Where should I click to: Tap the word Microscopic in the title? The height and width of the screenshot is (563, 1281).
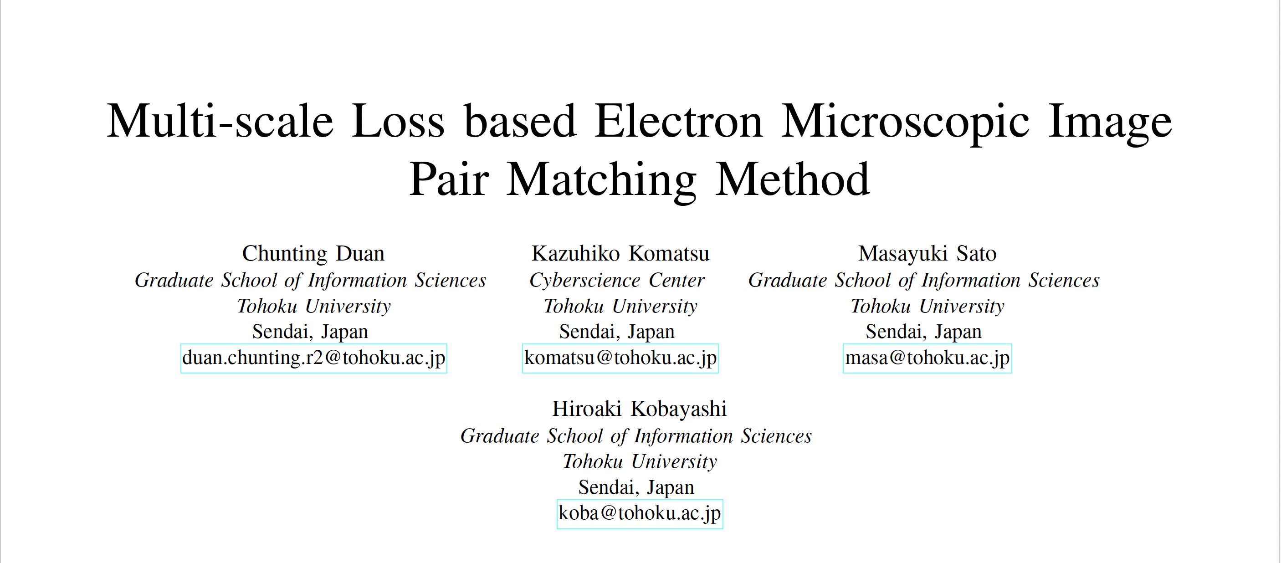tap(905, 124)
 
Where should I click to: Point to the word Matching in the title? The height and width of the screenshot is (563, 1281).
tap(601, 181)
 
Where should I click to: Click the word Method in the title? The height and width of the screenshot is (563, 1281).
tap(792, 179)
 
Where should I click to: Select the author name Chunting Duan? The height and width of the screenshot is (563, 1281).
tap(313, 254)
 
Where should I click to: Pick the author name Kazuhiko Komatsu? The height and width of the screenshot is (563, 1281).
tap(620, 254)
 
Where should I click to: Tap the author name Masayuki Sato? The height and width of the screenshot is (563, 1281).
tap(927, 254)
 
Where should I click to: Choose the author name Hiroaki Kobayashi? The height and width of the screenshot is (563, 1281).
tap(640, 409)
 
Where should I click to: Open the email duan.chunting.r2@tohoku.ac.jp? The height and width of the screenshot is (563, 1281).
tap(314, 358)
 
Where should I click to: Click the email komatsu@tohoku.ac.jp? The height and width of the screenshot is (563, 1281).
tap(620, 358)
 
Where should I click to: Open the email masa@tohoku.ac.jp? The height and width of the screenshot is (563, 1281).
tap(927, 358)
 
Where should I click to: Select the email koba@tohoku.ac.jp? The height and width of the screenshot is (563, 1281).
tap(640, 513)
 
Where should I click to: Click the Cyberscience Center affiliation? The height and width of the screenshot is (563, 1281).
tap(617, 281)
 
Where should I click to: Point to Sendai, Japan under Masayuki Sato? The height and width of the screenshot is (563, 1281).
tap(923, 332)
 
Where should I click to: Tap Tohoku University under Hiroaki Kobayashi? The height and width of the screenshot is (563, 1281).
tap(640, 462)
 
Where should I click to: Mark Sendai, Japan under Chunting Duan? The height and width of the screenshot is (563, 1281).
tap(310, 332)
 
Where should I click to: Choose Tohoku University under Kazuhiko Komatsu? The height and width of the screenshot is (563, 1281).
tap(620, 307)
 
